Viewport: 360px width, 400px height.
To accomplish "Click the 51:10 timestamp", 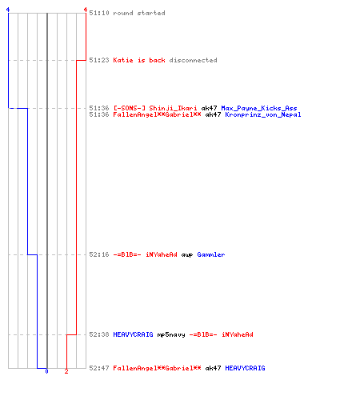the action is [99, 13].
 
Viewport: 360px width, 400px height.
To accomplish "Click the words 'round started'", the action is [139, 13].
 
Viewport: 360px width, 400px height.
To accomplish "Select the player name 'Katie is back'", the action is [139, 60].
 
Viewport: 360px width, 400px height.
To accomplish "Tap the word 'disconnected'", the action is [193, 60].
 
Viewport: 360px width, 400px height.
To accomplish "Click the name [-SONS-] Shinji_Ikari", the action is [155, 108].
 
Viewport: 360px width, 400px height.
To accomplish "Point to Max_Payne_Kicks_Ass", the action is [259, 108].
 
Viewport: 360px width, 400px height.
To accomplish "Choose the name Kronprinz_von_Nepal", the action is [263, 114].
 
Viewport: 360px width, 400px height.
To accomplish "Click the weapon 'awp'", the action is [187, 254].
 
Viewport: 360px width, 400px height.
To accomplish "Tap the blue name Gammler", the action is [211, 254].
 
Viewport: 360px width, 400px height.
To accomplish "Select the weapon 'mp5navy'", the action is [171, 334].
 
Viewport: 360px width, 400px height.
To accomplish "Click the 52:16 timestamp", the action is [99, 254].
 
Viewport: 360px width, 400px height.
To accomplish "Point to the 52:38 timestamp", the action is [99, 334].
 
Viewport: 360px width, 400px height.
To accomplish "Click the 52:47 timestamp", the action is [99, 368].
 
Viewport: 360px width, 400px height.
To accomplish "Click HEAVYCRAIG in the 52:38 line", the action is [133, 334].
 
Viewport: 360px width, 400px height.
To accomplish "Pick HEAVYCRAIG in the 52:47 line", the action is [245, 368].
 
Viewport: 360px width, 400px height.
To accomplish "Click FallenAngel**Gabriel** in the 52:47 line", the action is [157, 368].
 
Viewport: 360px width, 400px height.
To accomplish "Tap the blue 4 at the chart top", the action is [8, 10].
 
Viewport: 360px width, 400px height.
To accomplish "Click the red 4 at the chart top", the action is [86, 10].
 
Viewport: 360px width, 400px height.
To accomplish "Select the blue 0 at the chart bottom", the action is [46, 371].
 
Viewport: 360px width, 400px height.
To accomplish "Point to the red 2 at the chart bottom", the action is [66, 371].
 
